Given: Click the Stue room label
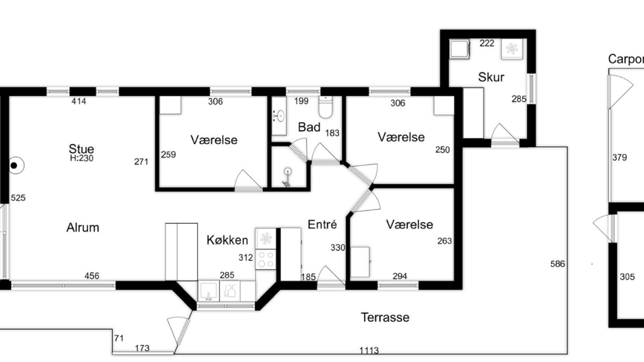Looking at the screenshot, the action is [82, 149].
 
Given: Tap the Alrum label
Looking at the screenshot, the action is [83, 228].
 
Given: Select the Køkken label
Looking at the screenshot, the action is [227, 240].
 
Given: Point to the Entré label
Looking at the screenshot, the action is [322, 224].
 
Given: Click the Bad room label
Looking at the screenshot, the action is [309, 127].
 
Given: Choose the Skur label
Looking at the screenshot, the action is [491, 77].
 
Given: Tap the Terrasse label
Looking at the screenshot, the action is [385, 317].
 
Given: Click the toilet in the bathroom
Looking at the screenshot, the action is [326, 107].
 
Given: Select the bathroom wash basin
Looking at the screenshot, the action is [279, 116].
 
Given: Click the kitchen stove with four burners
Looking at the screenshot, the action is [266, 259].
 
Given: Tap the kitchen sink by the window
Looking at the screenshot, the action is [208, 291].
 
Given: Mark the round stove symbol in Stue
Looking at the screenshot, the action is [16, 165].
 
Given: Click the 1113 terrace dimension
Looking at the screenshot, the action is [369, 350].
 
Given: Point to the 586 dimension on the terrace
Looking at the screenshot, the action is [557, 264].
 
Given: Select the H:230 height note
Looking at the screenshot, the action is [82, 158].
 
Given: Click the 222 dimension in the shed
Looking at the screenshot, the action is [487, 43].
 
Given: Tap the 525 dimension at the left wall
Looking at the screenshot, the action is [18, 198].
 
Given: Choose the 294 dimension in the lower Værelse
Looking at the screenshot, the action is [400, 276].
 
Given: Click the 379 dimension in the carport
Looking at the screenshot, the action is [619, 157].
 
